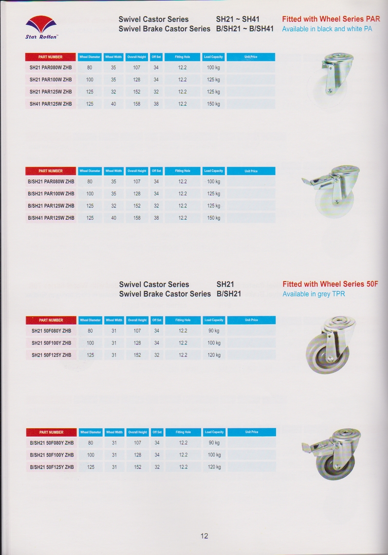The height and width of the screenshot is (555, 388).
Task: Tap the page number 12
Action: [x=204, y=536]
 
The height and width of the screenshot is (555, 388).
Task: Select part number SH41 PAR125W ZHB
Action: [x=51, y=104]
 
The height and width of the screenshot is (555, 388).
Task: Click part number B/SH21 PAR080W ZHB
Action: [x=51, y=182]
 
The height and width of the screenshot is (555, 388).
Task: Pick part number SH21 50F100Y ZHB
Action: [x=51, y=343]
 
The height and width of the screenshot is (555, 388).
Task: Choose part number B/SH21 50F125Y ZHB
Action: [x=52, y=467]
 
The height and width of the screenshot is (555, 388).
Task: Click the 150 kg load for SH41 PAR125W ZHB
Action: [x=213, y=104]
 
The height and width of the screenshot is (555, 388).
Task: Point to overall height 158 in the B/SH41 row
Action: [x=137, y=218]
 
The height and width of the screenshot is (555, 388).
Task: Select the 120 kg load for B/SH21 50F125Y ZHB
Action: [x=214, y=467]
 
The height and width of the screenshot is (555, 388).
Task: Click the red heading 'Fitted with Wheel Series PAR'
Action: [x=331, y=19]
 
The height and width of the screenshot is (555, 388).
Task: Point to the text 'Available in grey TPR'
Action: [x=314, y=294]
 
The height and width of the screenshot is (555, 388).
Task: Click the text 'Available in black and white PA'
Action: [x=327, y=29]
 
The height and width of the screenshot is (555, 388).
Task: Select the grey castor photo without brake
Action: [x=330, y=344]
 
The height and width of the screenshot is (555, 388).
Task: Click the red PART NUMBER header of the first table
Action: [x=50, y=57]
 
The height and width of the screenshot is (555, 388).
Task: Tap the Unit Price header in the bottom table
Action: [x=252, y=432]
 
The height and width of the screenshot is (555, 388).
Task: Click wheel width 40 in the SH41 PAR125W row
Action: [x=113, y=104]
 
